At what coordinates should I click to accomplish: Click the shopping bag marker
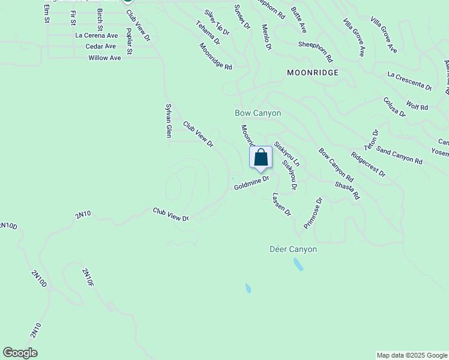click(261, 158)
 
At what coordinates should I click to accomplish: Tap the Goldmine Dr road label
click(252, 183)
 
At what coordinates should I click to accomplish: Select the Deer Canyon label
click(293, 249)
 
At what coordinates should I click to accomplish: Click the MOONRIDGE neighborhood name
click(313, 73)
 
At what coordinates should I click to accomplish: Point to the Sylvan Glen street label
click(169, 120)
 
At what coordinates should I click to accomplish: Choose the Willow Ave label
click(104, 58)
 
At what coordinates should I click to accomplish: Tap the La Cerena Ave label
click(95, 35)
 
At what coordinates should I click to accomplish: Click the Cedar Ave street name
click(101, 46)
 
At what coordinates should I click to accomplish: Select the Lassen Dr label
click(281, 204)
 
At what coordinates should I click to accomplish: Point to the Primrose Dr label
click(313, 213)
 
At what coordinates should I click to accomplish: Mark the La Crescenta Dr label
click(410, 81)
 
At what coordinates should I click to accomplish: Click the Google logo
click(20, 353)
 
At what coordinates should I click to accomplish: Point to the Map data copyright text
click(412, 355)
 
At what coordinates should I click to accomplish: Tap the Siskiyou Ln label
click(287, 154)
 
